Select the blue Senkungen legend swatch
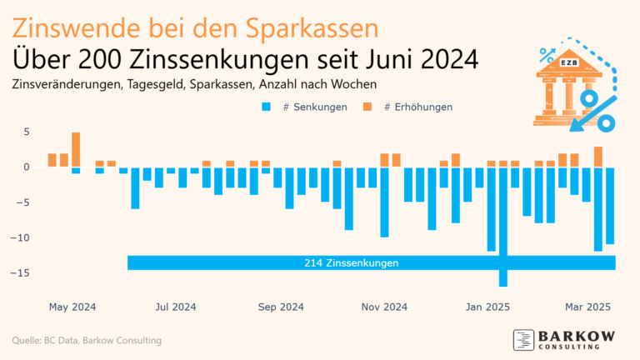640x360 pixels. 267,107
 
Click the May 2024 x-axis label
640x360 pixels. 72,307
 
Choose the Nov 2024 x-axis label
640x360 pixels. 385,307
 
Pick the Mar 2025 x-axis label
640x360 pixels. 589,307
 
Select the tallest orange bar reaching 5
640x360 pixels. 76,149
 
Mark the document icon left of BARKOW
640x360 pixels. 523,340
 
